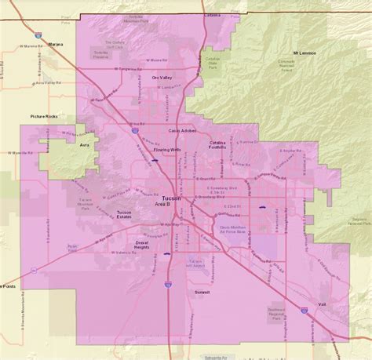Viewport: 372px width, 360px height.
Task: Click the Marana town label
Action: pyautogui.click(x=54, y=45)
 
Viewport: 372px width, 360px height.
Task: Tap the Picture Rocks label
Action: pyautogui.click(x=44, y=117)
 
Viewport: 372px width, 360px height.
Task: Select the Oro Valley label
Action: pyautogui.click(x=161, y=78)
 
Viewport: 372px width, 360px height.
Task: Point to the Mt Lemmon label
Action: pyautogui.click(x=304, y=53)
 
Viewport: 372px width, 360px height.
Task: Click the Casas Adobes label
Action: pyautogui.click(x=182, y=130)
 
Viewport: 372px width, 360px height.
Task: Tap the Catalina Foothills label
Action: pyautogui.click(x=217, y=144)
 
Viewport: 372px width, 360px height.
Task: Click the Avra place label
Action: pyautogui.click(x=85, y=144)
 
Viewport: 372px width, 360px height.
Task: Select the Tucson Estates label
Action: pyautogui.click(x=124, y=214)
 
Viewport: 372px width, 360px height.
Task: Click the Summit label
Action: pyautogui.click(x=202, y=293)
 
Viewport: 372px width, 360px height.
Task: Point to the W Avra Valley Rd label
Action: pyautogui.click(x=47, y=81)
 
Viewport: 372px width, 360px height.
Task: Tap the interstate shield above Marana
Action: pyautogui.click(x=38, y=35)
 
